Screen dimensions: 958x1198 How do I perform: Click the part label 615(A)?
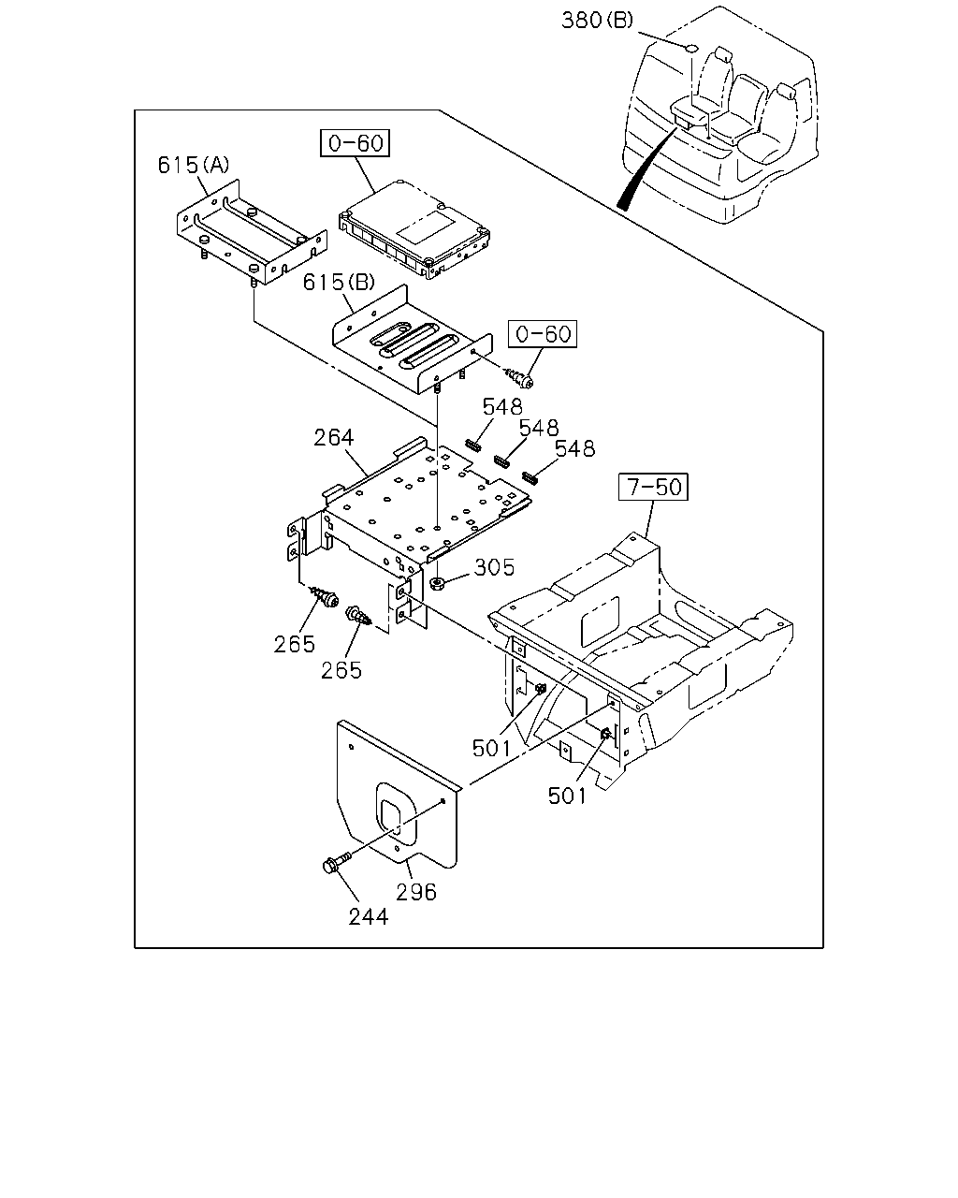click(x=193, y=165)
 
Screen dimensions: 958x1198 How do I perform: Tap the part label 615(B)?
click(x=339, y=283)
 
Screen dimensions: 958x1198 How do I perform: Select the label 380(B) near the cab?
click(x=597, y=20)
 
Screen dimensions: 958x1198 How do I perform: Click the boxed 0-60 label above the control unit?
click(x=356, y=143)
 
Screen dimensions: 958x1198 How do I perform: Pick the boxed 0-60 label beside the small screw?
click(x=543, y=334)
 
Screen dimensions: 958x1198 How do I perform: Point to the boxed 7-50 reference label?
click(x=654, y=487)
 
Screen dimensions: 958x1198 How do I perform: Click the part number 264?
click(x=333, y=438)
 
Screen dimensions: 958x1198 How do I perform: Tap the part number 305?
click(x=494, y=567)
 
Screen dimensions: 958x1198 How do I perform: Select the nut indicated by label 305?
click(x=439, y=583)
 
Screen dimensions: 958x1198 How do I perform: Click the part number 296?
click(x=415, y=892)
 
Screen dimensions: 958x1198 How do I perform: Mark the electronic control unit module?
click(x=414, y=229)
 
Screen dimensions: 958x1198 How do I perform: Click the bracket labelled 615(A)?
click(x=252, y=232)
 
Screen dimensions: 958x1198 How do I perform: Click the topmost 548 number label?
click(x=502, y=407)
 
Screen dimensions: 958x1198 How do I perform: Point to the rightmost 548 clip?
click(x=530, y=477)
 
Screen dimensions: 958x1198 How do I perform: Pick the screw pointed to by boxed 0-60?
click(x=519, y=378)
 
